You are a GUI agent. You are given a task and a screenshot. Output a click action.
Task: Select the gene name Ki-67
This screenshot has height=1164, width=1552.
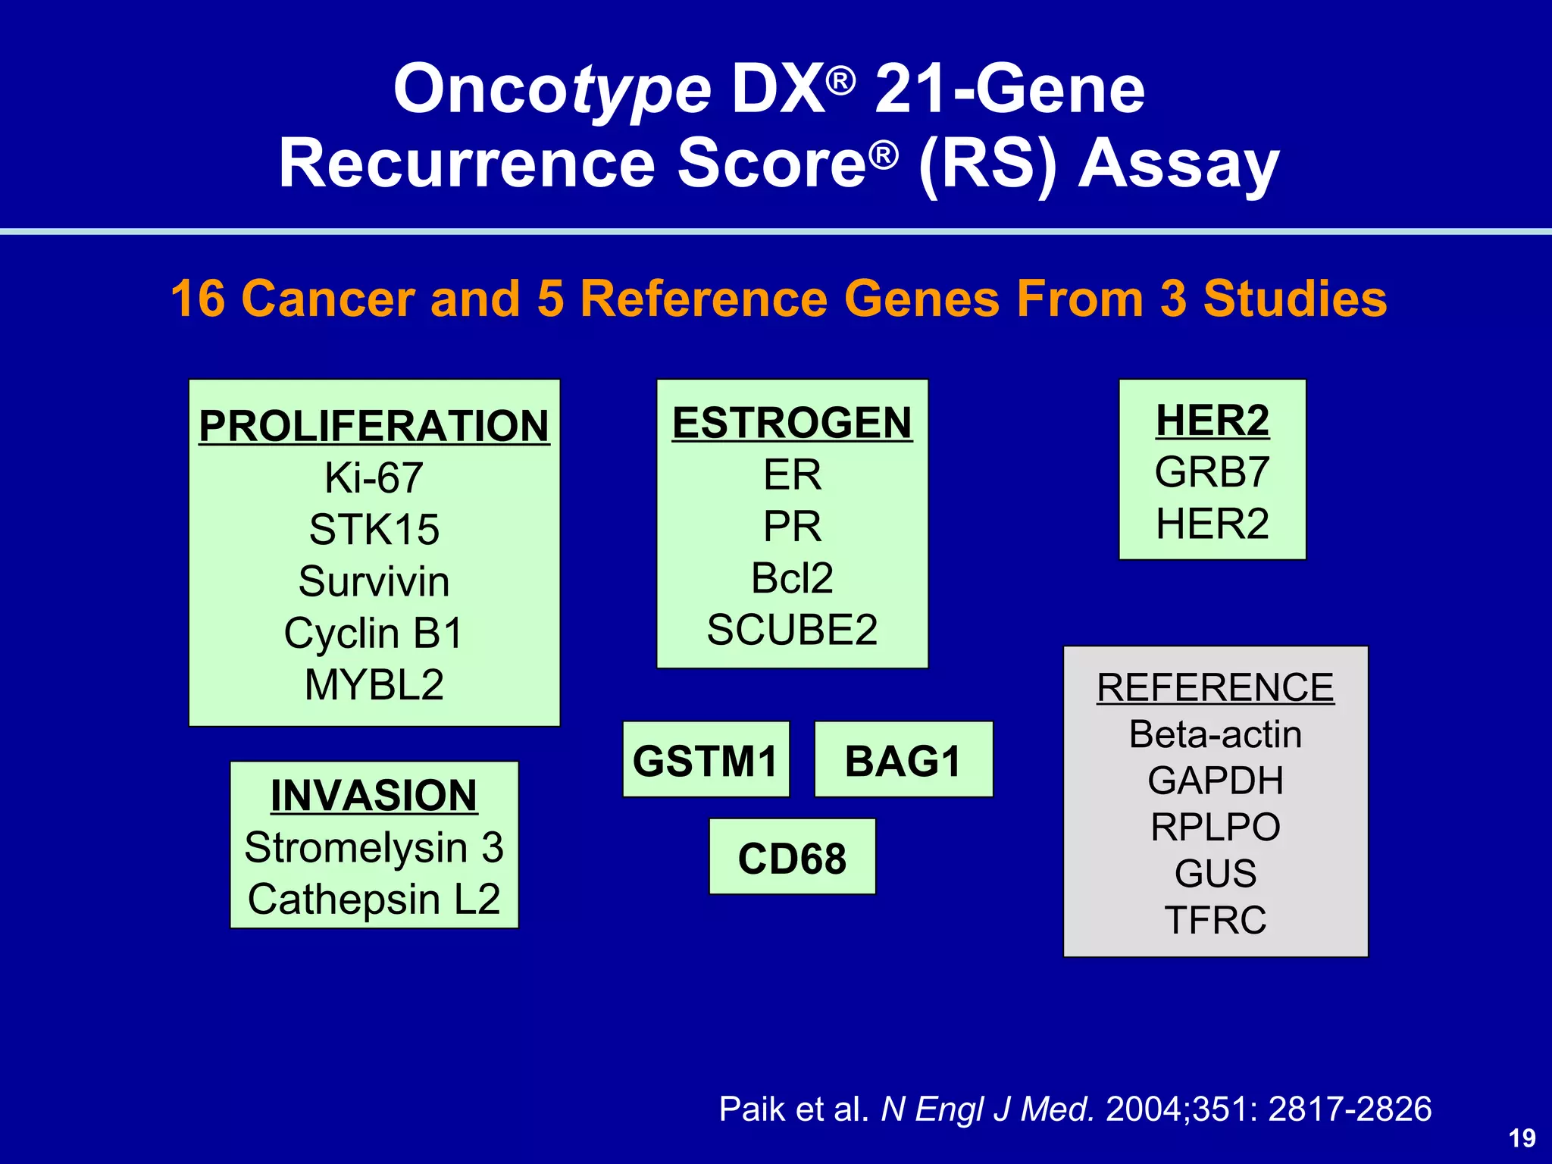point(374,478)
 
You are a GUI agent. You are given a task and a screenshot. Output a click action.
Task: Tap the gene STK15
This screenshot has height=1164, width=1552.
point(374,530)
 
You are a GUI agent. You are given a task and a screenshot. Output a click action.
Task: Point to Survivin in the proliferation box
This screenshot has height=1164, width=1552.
point(374,581)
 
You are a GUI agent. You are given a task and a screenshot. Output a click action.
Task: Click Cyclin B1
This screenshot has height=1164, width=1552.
point(374,633)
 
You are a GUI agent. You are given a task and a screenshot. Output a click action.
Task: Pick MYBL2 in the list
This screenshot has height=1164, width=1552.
point(374,684)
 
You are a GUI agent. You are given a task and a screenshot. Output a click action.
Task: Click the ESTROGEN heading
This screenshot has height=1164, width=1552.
point(792,422)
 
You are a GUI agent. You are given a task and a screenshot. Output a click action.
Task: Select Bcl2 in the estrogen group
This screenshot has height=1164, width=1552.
point(792,578)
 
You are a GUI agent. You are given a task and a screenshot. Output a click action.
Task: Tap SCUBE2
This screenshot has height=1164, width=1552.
point(792,630)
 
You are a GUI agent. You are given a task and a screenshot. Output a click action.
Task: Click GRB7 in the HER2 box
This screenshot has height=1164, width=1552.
point(1212,472)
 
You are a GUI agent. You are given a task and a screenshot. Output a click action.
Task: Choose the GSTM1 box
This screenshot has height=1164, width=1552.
point(706,760)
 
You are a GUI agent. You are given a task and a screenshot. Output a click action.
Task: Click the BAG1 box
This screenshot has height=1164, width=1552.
point(903,760)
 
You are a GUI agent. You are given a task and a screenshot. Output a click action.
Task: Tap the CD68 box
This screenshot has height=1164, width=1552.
point(792,858)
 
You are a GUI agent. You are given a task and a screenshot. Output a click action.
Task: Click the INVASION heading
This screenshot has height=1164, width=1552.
point(374,795)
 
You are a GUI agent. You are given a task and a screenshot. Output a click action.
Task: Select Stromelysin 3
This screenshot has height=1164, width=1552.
point(374,847)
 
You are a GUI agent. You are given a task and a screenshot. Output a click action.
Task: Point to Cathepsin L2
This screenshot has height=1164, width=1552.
point(374,900)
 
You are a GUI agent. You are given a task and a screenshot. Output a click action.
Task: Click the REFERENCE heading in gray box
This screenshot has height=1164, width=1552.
point(1215,687)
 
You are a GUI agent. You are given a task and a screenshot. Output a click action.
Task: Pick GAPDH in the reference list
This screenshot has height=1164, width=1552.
point(1215,781)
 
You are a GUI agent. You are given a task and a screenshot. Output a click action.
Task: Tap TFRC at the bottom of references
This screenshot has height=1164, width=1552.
point(1215,920)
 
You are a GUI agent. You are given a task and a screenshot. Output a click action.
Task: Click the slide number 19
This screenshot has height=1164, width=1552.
point(1522,1138)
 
